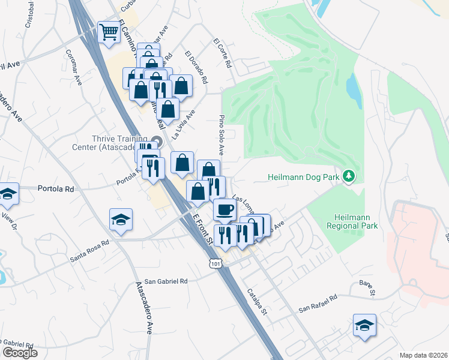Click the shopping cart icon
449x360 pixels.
109,32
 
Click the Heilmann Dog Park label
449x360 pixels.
304,177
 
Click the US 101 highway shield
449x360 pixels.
215,263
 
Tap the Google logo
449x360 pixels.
20,353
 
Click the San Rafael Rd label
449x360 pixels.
318,303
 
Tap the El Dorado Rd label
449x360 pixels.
196,68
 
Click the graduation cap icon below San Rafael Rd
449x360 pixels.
364,326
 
